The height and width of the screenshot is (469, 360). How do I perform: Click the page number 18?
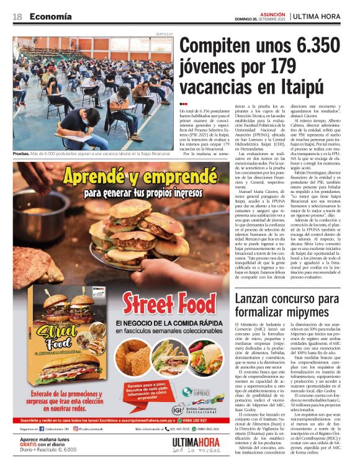coord(17,16)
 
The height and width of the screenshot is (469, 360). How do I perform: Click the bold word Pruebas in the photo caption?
coord(21,152)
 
